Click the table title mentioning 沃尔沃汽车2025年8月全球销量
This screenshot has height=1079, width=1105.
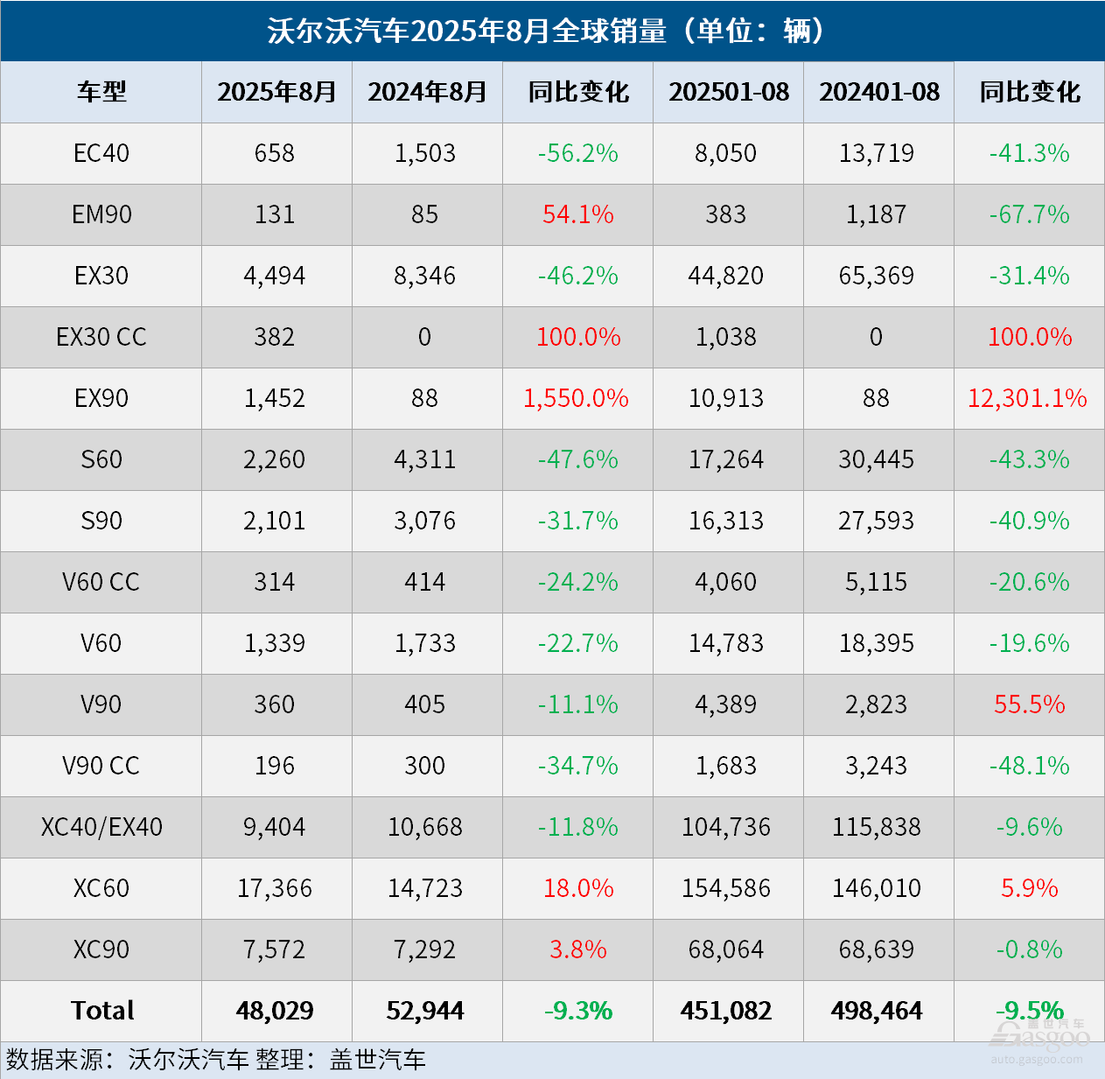547,31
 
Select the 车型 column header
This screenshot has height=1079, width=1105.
101,92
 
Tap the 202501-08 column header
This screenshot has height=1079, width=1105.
728,92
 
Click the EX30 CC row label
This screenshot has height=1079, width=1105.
101,337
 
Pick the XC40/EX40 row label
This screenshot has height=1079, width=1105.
101,827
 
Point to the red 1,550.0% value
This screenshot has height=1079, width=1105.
577,398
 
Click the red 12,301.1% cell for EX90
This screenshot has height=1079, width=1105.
1027,398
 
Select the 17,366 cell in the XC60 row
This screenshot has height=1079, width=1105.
275,888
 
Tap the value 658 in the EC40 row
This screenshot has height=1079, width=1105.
275,153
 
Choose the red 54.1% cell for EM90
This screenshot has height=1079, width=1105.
578,214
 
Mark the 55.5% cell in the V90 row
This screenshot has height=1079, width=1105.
1029,704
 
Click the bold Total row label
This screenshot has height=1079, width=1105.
101,1011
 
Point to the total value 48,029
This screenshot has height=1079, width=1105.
275,1011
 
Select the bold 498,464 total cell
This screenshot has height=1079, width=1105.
877,1011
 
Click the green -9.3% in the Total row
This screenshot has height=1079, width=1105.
578,1011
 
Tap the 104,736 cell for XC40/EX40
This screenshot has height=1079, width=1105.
726,827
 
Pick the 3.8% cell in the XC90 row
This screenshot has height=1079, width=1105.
578,949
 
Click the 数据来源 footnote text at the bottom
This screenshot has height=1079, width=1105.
215,1060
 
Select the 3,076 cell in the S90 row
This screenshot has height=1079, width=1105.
425,521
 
